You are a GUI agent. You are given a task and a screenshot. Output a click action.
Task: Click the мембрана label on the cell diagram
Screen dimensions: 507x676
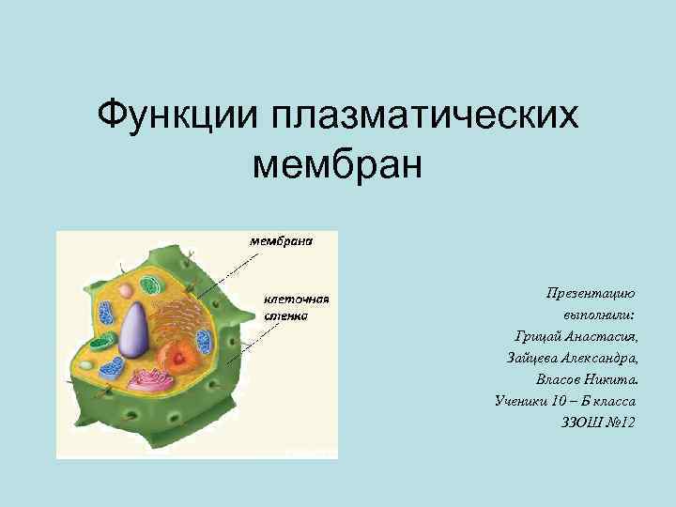pos(280,240)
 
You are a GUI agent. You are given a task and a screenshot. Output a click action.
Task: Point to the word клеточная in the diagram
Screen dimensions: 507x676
pos(293,300)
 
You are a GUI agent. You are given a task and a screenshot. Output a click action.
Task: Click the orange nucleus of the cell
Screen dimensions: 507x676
pos(179,355)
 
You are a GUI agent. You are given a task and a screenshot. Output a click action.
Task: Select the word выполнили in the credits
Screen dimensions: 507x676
pos(597,315)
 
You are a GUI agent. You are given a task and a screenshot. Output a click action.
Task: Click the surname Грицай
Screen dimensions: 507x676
pos(536,337)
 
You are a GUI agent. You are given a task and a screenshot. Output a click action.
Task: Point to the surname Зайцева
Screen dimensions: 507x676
pos(532,359)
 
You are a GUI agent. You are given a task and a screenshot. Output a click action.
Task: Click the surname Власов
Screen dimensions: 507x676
pos(561,380)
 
